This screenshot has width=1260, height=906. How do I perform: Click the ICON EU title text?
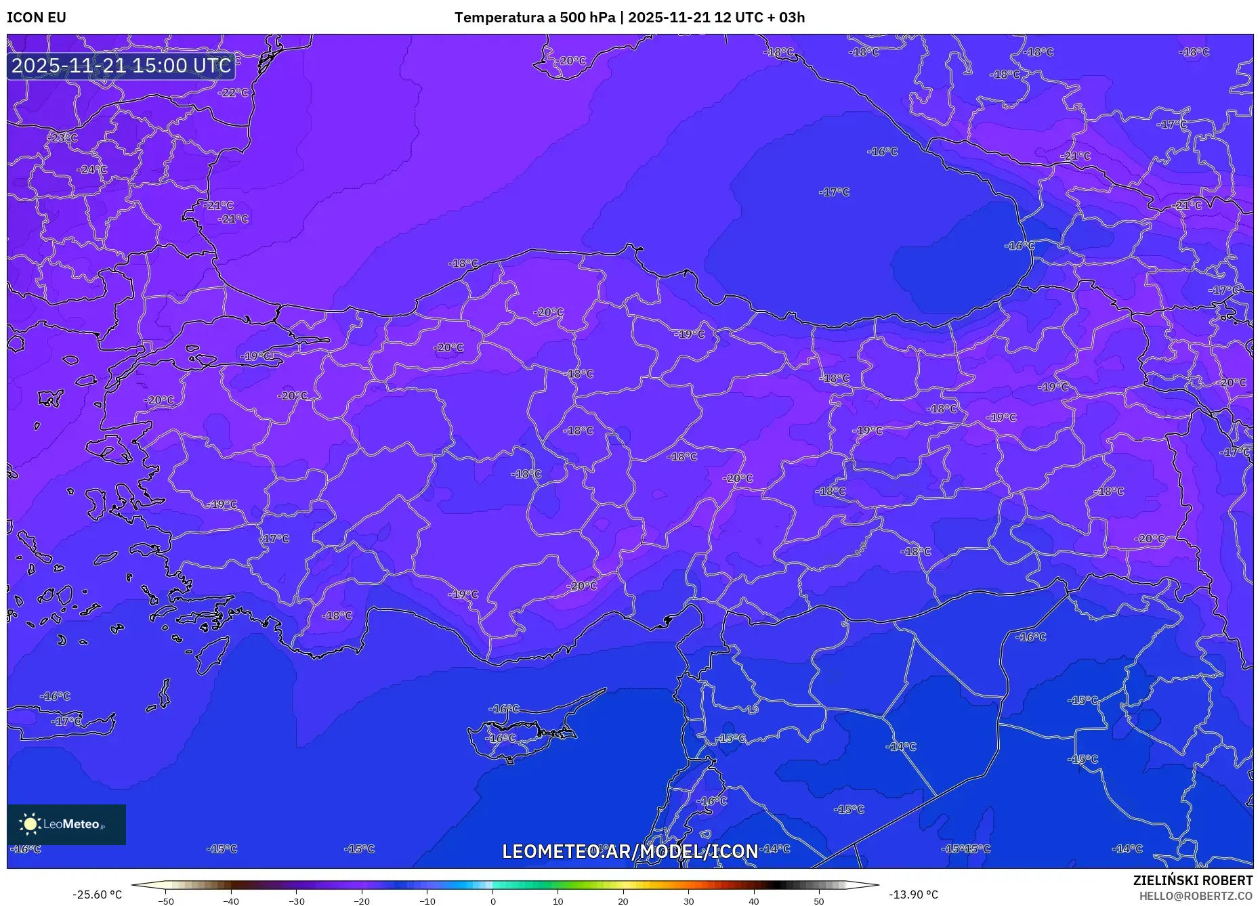pos(37,18)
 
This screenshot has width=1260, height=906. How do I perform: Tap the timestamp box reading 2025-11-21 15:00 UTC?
pos(121,66)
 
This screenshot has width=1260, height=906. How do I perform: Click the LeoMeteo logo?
pos(66,824)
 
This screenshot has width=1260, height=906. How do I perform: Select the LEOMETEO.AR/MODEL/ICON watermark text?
pos(630,851)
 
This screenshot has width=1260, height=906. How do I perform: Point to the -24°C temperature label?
pos(92,169)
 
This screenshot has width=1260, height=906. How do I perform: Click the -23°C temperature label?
pos(62,137)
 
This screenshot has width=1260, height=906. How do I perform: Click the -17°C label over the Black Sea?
pos(834,192)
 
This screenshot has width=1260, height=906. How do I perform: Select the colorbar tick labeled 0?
pos(492,901)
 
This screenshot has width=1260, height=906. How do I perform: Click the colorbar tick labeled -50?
pos(166,901)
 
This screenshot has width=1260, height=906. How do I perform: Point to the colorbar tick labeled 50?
pos(819,901)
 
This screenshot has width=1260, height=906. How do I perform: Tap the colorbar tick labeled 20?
pos(623,901)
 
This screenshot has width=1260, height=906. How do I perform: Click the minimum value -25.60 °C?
pos(98,894)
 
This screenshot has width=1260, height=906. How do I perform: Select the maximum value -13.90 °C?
pos(913,894)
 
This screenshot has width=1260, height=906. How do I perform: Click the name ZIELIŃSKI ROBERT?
pos(1192,880)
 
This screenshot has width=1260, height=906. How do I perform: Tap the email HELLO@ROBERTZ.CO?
pos(1195,896)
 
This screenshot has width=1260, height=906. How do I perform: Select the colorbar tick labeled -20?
pos(362,901)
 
